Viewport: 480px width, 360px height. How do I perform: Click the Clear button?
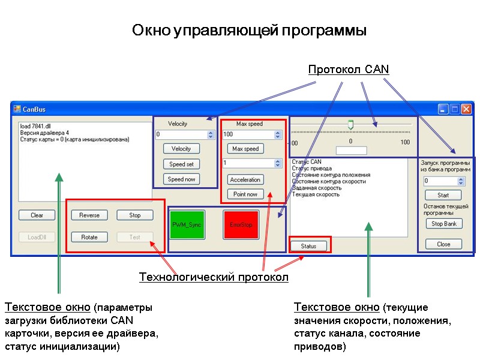[x=37, y=215]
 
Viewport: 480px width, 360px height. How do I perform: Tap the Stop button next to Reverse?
[x=135, y=215]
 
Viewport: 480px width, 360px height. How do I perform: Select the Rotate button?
[x=89, y=237]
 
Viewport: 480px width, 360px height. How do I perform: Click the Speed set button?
[x=181, y=164]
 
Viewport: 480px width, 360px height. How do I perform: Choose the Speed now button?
[x=181, y=179]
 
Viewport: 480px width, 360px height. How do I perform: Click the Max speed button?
[x=245, y=148]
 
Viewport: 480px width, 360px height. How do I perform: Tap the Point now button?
[x=245, y=194]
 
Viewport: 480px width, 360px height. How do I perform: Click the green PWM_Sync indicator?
[x=187, y=224]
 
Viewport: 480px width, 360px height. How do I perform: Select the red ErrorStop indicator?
[x=241, y=224]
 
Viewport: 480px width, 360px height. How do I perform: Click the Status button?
[x=308, y=246]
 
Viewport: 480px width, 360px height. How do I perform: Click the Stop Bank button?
[x=444, y=224]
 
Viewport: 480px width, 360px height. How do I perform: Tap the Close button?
[x=444, y=244]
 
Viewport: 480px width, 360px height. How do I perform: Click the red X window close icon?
[x=466, y=109]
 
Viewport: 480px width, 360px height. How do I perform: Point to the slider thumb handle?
[x=351, y=124]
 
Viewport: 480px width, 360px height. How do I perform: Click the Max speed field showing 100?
[x=247, y=134]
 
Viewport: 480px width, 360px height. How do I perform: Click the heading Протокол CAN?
[x=349, y=70]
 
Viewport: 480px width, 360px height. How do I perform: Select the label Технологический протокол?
[x=214, y=277]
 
